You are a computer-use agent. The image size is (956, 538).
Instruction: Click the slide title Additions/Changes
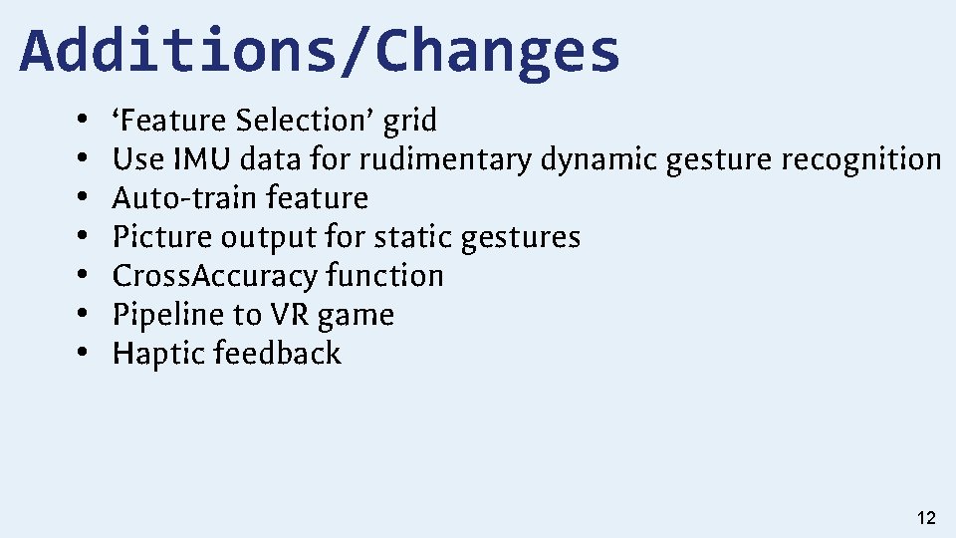click(x=320, y=52)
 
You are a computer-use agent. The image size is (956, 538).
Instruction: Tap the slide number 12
click(x=925, y=517)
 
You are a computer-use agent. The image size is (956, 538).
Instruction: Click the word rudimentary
click(x=445, y=160)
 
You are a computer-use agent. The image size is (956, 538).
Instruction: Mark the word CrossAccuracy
click(x=214, y=276)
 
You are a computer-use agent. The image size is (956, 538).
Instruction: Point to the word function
click(x=384, y=276)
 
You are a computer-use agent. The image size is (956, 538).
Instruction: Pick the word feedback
click(x=277, y=354)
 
